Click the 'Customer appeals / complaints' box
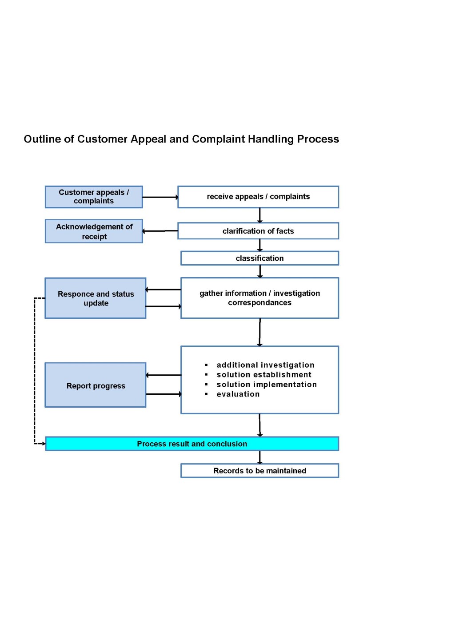(x=94, y=197)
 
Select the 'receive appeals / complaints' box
(x=258, y=197)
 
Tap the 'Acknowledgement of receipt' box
(x=94, y=231)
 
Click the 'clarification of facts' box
(x=258, y=231)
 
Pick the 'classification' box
(x=259, y=258)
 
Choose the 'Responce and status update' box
(x=96, y=298)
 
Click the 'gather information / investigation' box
(x=259, y=298)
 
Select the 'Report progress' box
(x=96, y=385)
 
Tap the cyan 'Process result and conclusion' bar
(x=192, y=444)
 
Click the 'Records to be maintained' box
(x=259, y=471)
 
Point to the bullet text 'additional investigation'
(x=265, y=365)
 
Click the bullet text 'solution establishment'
(x=264, y=375)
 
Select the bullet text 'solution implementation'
(x=267, y=385)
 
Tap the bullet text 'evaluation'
(x=238, y=394)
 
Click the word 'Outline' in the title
(x=42, y=139)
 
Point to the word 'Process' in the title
(x=318, y=139)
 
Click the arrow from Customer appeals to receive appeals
(x=160, y=197)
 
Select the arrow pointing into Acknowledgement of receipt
(x=160, y=231)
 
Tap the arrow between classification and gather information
(x=260, y=271)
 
